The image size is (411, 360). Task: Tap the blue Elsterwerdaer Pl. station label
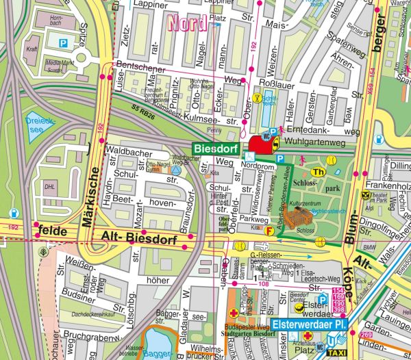click(x=310, y=324)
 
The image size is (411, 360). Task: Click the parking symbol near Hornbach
click(x=64, y=43)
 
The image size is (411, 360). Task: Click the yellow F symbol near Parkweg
click(x=270, y=231)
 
